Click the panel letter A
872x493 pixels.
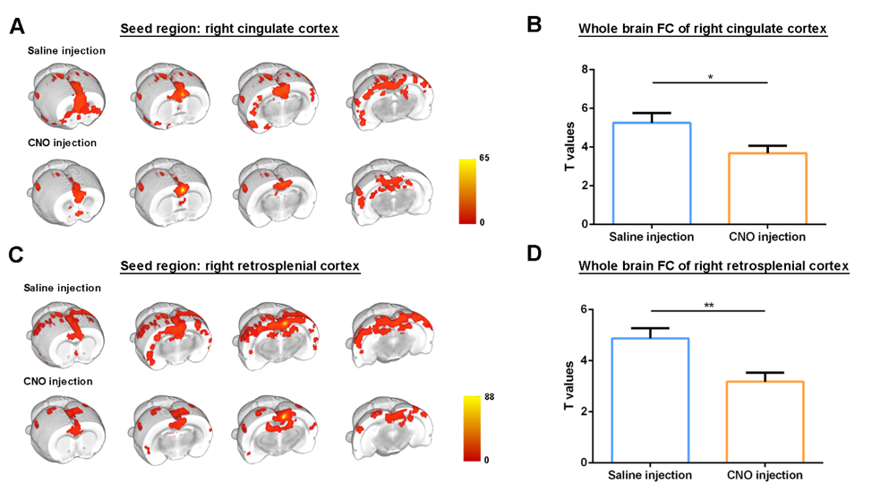click(16, 26)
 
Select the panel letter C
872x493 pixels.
click(16, 254)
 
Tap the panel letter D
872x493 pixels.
click(534, 254)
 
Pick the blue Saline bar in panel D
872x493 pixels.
click(651, 400)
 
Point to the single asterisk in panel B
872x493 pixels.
click(710, 77)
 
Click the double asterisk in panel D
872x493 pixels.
click(709, 306)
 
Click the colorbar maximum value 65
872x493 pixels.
click(484, 158)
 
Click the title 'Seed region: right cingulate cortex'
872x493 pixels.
click(230, 29)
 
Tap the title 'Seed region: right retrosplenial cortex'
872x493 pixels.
click(241, 266)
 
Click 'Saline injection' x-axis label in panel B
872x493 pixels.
click(652, 237)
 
